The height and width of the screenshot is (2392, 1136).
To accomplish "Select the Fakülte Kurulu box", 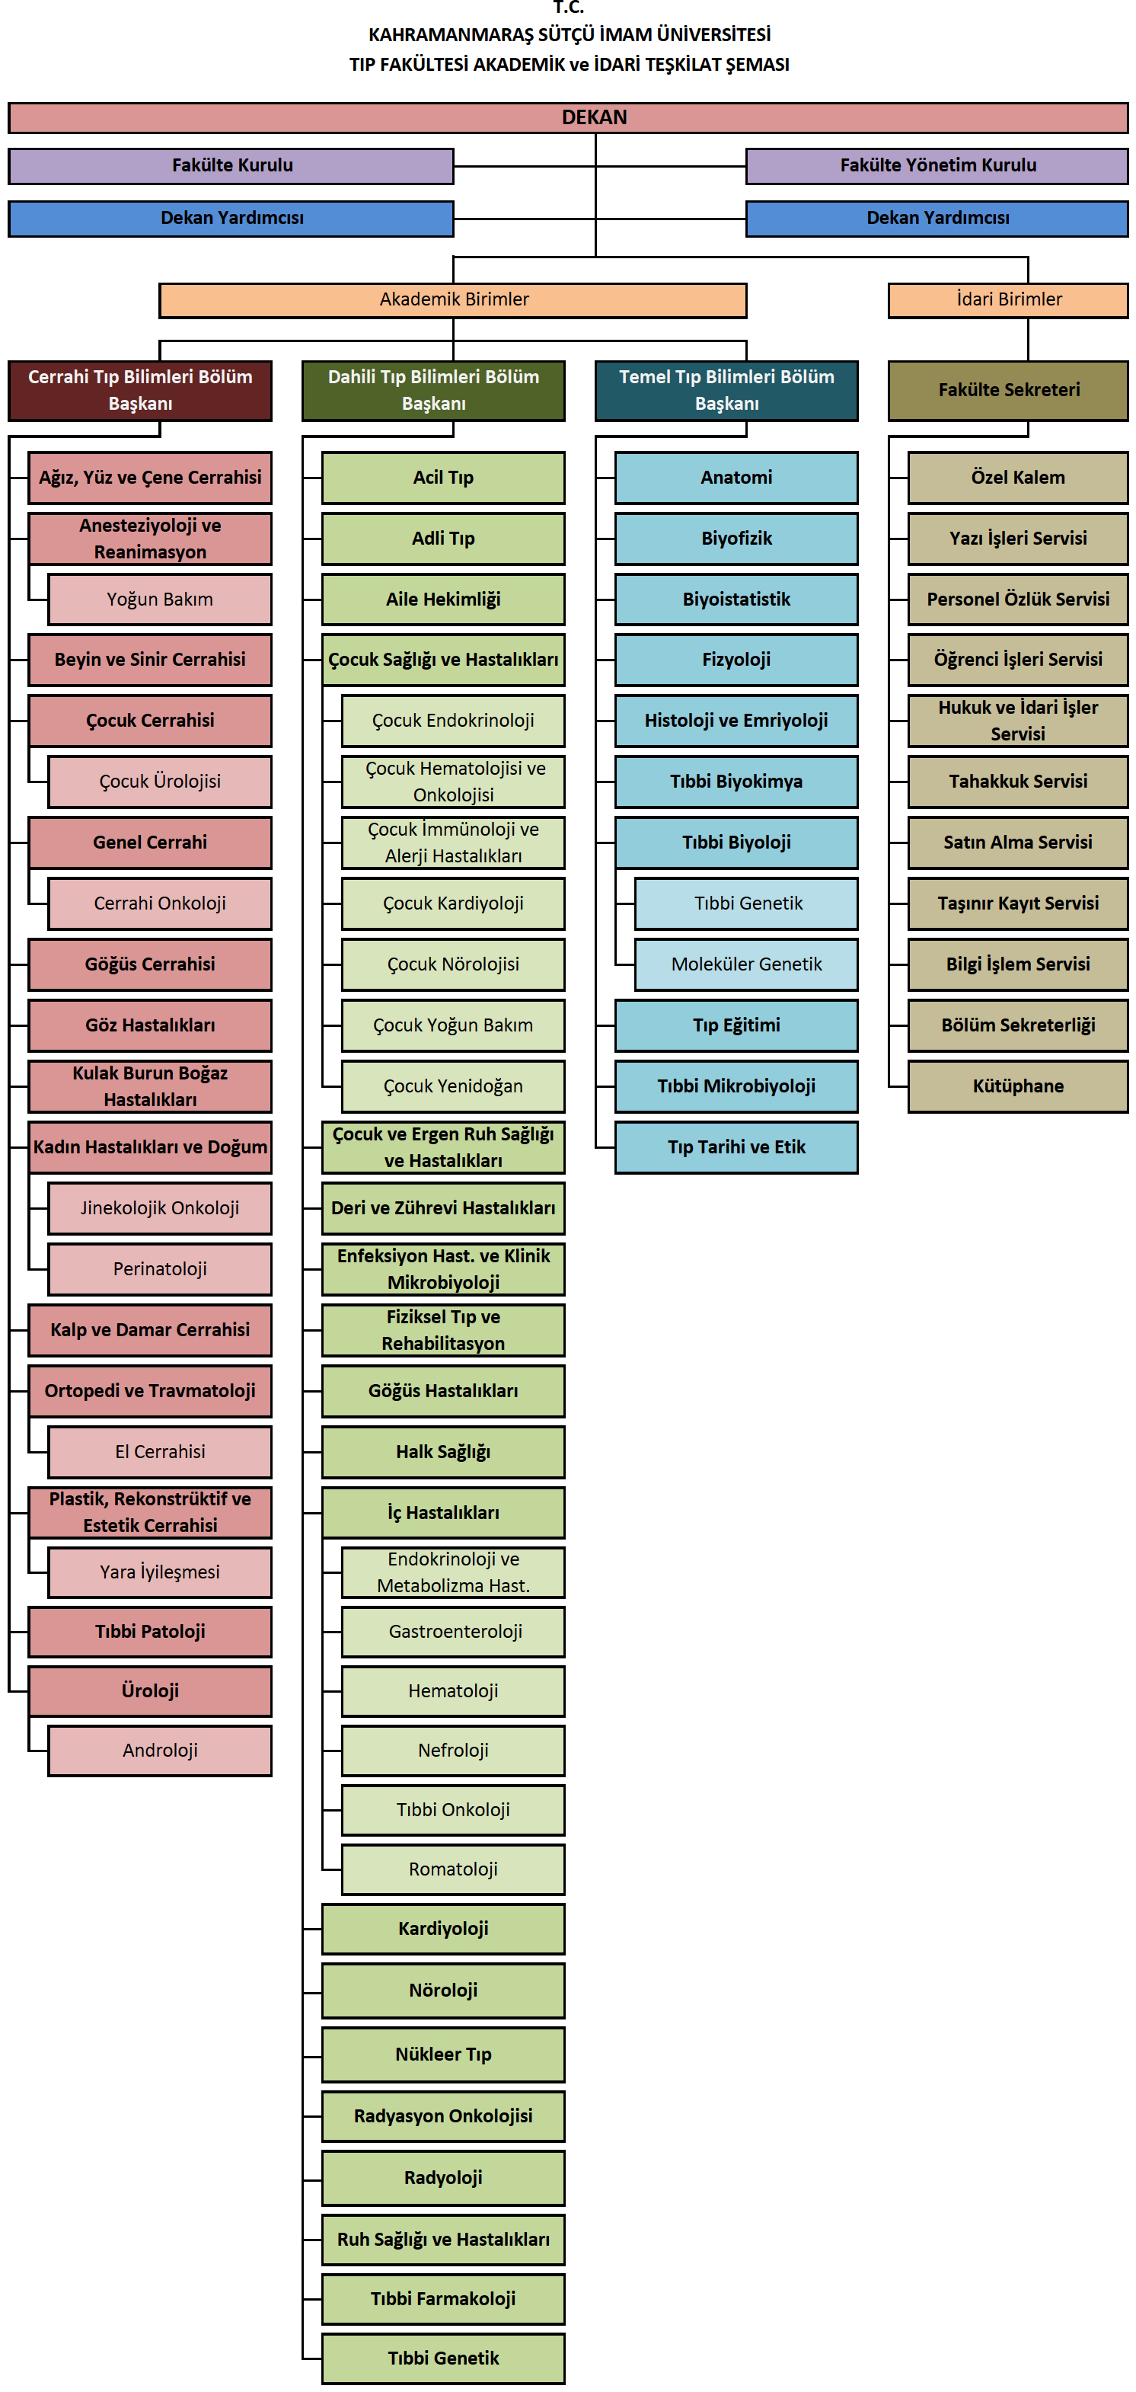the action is pos(231,166).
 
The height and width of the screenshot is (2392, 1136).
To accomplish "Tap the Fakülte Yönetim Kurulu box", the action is pos(937,166).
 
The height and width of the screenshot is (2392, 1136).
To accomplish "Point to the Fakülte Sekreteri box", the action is pos(1009,390).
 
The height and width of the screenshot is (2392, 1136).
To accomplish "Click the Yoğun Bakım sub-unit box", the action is pos(160,599).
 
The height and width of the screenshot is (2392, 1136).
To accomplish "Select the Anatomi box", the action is pos(736,478).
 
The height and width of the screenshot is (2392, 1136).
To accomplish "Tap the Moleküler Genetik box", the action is pos(746,964).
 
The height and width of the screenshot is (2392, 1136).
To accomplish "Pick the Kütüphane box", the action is pos(1018,1086).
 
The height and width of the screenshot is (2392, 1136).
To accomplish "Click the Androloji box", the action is pos(160,1751).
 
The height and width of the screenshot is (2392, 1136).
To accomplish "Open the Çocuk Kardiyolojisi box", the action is pos(453,903).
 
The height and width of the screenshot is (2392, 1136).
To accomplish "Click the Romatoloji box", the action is pos(453,1869).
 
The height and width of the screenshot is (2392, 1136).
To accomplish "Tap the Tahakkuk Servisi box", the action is pos(1018,782).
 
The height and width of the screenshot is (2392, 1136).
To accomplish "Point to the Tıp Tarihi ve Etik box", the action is pos(736,1146).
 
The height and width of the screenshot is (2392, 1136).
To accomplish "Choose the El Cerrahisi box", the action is pos(160,1451).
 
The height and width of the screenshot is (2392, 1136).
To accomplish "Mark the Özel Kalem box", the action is pos(1018,478).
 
